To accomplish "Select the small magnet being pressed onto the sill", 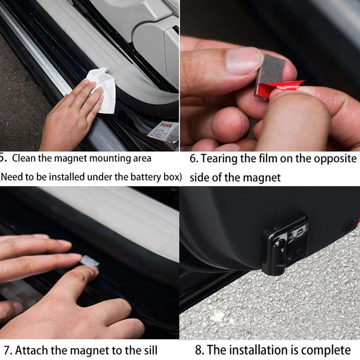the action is (x=90, y=261).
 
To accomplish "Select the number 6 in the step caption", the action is (x=194, y=159).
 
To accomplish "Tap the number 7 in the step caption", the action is (x=8, y=351).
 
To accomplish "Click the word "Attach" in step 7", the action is (x=31, y=351).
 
